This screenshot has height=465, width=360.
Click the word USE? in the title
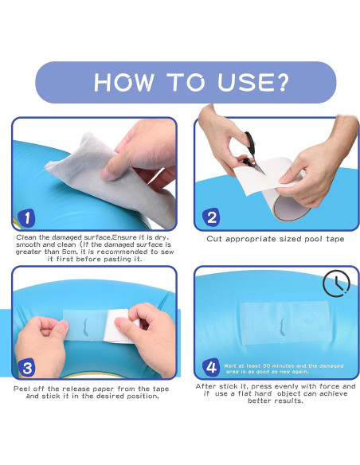pos(253,82)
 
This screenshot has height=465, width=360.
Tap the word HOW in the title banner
pos(124,82)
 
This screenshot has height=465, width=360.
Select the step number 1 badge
pos(27,218)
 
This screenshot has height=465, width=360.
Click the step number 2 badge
pos(211,217)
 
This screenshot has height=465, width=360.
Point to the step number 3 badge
pos(27,368)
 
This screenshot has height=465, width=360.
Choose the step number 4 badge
pos(211,367)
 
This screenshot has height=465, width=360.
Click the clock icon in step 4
pos(336,283)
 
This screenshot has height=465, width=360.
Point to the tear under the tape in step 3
pos(85,327)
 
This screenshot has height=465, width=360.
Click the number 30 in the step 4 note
pos(266,365)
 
